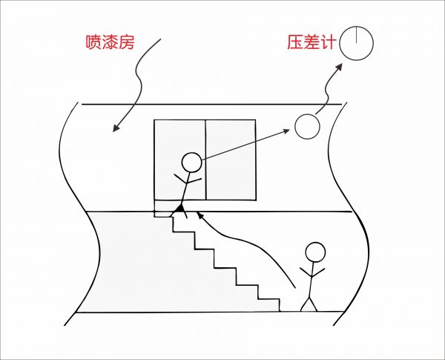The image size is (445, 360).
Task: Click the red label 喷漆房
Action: [x=110, y=42]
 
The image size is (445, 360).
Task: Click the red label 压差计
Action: [x=311, y=42]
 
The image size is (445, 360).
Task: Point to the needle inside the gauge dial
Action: [x=357, y=35]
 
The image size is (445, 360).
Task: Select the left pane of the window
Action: [x=180, y=160]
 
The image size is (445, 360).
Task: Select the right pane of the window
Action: [x=231, y=160]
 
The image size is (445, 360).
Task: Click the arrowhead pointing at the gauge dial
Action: [x=338, y=67]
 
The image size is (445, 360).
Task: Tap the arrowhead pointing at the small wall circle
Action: [x=286, y=131]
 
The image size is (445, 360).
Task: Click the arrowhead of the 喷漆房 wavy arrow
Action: [x=116, y=128]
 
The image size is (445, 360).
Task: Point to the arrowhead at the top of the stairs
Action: [x=200, y=215]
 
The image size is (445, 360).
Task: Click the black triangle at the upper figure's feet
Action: [x=179, y=209]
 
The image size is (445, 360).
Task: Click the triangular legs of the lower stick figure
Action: [x=309, y=304]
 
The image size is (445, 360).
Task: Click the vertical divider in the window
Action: [x=205, y=160]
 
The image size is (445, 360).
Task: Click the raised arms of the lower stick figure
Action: [x=312, y=272]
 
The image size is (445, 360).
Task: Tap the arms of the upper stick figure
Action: [x=188, y=180]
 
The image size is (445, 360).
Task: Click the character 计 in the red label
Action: [x=329, y=42]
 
